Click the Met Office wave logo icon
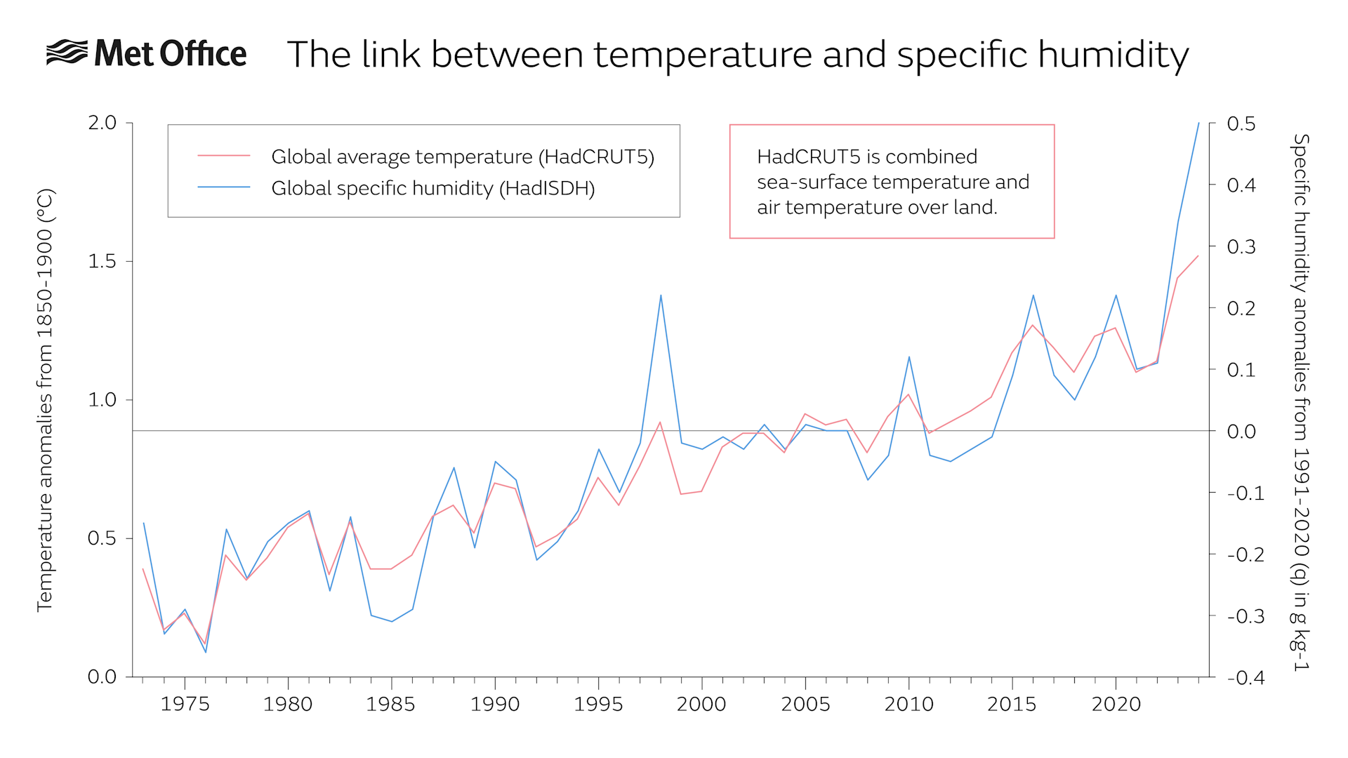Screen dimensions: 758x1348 67,53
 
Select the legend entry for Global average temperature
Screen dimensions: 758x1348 462,157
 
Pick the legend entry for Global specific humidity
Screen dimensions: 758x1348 432,188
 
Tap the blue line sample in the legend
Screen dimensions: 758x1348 224,187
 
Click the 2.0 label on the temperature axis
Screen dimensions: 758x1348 102,123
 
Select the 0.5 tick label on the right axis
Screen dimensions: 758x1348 1241,124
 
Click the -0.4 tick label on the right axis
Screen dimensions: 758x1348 1245,677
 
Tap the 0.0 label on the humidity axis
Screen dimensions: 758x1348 1241,431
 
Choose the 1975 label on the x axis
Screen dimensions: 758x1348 185,704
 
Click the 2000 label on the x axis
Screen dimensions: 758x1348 701,704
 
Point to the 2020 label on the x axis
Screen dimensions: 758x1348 1116,704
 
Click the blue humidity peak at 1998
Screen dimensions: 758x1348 661,295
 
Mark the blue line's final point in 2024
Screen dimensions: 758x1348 1198,124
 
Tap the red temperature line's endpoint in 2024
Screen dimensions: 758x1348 1198,256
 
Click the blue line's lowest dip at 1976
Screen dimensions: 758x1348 206,652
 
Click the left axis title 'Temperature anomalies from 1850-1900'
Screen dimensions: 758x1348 45,400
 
